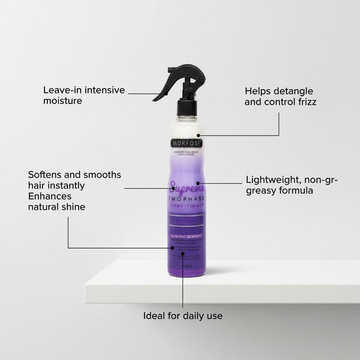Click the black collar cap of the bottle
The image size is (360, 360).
[186, 107]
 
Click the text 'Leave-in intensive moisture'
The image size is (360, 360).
[84, 95]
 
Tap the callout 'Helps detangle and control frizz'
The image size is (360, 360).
[280, 96]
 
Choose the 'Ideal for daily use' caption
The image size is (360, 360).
[183, 315]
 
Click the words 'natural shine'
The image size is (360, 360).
[56, 207]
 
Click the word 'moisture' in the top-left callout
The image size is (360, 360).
[62, 101]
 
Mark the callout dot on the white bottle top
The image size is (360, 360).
[197, 136]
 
